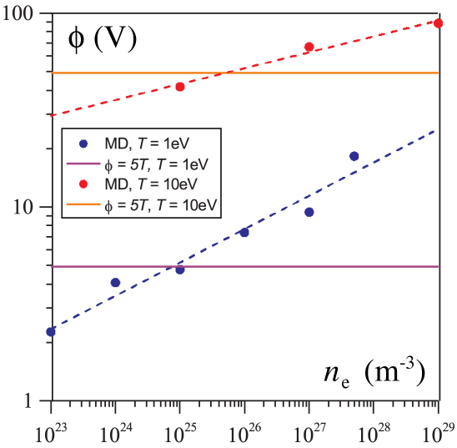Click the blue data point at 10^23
[x=51, y=331]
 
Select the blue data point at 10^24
[x=115, y=283]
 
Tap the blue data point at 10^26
[x=244, y=232]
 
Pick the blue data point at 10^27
[x=309, y=212]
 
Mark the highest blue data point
[x=354, y=156]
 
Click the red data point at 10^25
[x=180, y=86]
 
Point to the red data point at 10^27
[x=309, y=47]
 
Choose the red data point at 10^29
[x=439, y=23]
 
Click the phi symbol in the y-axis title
[x=77, y=39]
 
